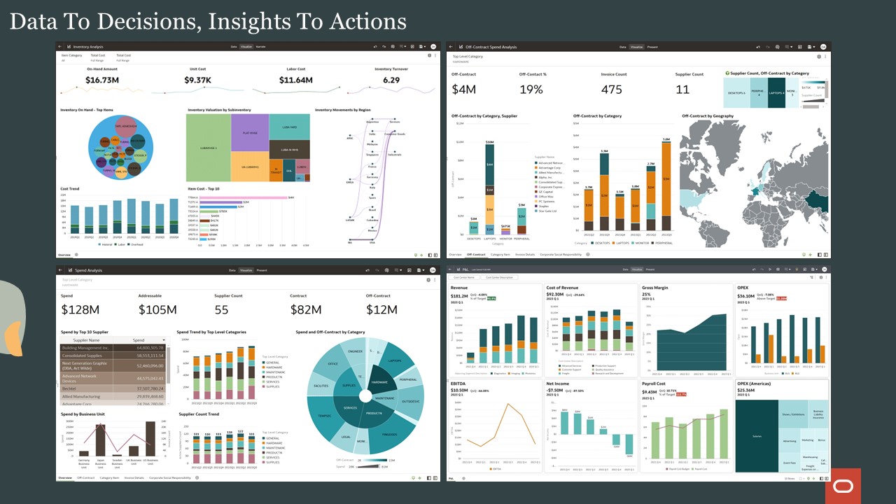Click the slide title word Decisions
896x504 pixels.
click(x=146, y=22)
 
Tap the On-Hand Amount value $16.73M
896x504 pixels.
click(x=101, y=80)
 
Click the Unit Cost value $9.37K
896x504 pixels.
click(x=197, y=80)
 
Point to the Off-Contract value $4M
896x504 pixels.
click(x=464, y=89)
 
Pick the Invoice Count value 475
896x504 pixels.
click(x=612, y=89)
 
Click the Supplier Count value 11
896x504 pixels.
click(x=682, y=89)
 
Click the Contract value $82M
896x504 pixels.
click(x=306, y=309)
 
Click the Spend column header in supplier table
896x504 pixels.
click(x=139, y=339)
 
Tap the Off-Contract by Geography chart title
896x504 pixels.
click(x=708, y=116)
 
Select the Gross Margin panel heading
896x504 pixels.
click(x=654, y=288)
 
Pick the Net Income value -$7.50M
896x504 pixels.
click(x=559, y=390)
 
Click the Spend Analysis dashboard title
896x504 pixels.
click(x=89, y=269)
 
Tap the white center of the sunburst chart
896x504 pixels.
click(x=365, y=396)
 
